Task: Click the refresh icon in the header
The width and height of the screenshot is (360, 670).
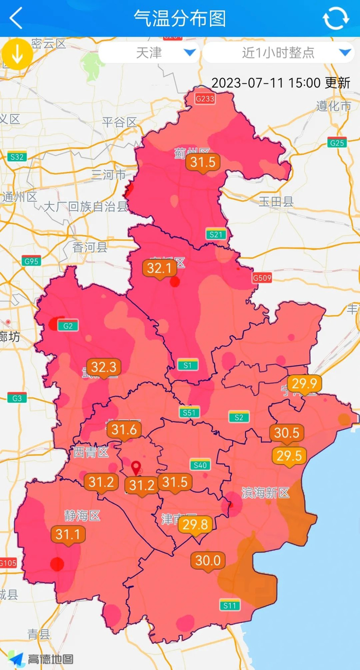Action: pyautogui.click(x=335, y=19)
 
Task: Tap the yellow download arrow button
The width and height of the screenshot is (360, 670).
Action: pyautogui.click(x=17, y=54)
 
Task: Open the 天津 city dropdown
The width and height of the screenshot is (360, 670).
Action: pyautogui.click(x=149, y=52)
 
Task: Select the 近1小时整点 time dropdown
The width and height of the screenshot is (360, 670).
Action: pyautogui.click(x=278, y=52)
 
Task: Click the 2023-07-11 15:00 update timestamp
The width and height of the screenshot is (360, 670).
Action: pyautogui.click(x=281, y=83)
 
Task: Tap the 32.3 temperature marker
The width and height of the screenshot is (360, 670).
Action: pyautogui.click(x=104, y=367)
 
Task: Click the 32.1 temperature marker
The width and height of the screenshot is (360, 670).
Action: pyautogui.click(x=159, y=268)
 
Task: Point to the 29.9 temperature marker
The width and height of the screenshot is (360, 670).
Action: pyautogui.click(x=304, y=384)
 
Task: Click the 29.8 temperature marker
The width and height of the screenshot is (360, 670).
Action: pyautogui.click(x=195, y=525)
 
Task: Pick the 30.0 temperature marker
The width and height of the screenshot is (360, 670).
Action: pyautogui.click(x=208, y=560)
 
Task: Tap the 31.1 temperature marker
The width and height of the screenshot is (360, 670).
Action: pyautogui.click(x=67, y=535)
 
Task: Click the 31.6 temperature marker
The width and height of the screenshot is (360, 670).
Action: pyautogui.click(x=124, y=430)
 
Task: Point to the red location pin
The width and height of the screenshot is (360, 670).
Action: pyautogui.click(x=136, y=468)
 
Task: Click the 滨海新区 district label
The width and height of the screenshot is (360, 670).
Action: pyautogui.click(x=265, y=493)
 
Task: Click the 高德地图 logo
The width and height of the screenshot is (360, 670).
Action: pyautogui.click(x=41, y=659)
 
